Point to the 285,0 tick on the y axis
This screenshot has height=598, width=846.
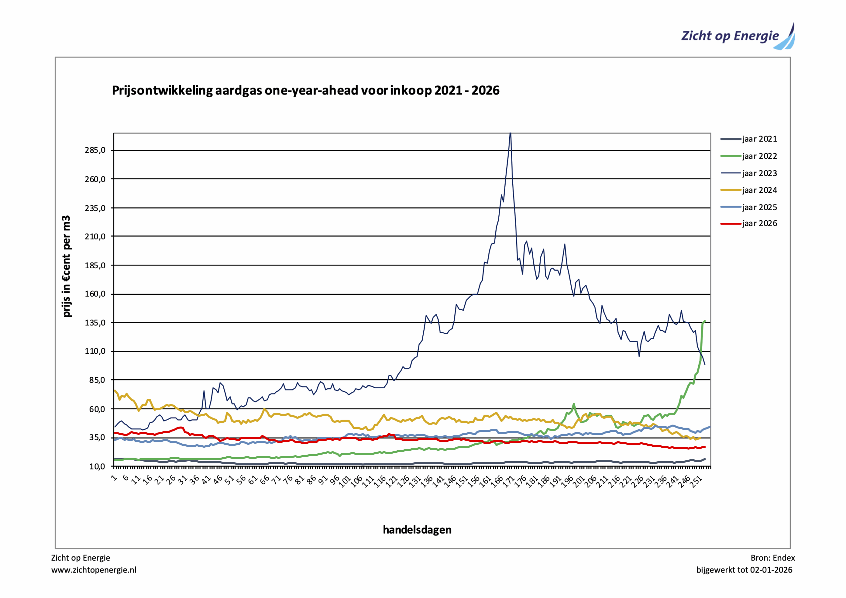[95, 150]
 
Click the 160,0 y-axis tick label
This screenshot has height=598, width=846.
[95, 294]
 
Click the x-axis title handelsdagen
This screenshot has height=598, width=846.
[417, 530]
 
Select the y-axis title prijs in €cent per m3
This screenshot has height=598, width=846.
[66, 266]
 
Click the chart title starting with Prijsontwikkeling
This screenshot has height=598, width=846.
[305, 90]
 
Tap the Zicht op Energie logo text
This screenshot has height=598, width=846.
[730, 36]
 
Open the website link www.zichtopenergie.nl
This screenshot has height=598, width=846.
[94, 570]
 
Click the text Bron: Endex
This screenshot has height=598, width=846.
[773, 558]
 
